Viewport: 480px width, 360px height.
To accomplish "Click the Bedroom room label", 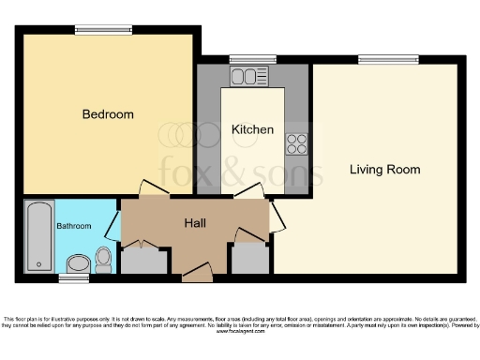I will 108,114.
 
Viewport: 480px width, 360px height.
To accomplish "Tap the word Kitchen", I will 252,129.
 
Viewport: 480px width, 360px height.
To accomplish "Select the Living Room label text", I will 384,170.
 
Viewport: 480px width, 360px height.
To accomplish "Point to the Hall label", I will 195,223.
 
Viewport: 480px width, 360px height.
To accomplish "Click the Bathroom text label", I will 74,226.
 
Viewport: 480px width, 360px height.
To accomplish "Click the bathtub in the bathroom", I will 38,235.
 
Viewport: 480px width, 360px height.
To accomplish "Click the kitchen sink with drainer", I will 250,76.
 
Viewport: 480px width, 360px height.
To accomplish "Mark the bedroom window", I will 90,28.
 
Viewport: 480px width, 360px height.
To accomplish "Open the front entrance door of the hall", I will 197,272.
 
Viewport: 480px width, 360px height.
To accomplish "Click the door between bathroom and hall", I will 113,226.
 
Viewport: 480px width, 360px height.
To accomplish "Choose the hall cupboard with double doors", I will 142,257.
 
